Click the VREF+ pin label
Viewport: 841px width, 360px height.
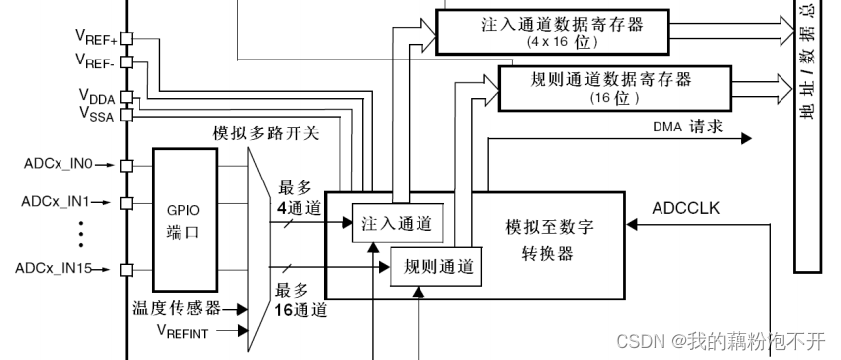click(97, 37)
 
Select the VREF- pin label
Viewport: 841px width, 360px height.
click(97, 61)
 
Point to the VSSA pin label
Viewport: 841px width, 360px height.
click(96, 113)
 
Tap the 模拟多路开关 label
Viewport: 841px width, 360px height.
click(266, 133)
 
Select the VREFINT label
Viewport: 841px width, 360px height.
click(182, 331)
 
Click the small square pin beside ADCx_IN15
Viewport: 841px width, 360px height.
click(126, 269)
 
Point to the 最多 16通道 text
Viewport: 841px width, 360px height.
click(301, 299)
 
